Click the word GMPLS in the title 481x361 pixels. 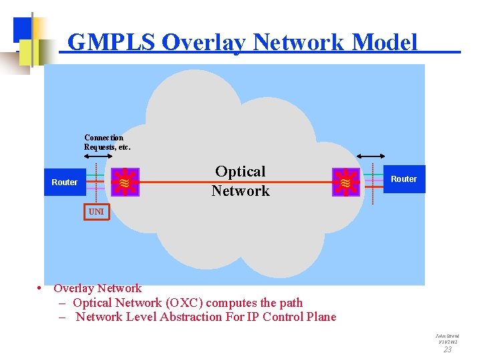click(112, 42)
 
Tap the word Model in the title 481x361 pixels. click(384, 42)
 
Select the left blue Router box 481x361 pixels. click(64, 182)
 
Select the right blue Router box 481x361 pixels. click(404, 179)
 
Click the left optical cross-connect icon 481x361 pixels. click(124, 182)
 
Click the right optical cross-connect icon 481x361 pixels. click(345, 182)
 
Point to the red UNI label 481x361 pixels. click(96, 211)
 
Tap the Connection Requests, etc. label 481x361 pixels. click(107, 142)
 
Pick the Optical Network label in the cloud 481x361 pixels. click(240, 181)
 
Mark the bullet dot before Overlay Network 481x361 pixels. click(41, 289)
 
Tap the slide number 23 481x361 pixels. click(448, 349)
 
